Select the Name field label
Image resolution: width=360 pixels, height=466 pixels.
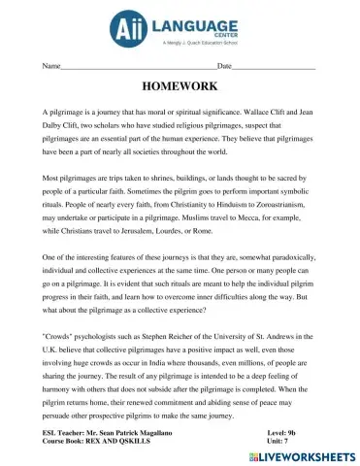51,66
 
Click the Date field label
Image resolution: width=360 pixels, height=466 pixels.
224,66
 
